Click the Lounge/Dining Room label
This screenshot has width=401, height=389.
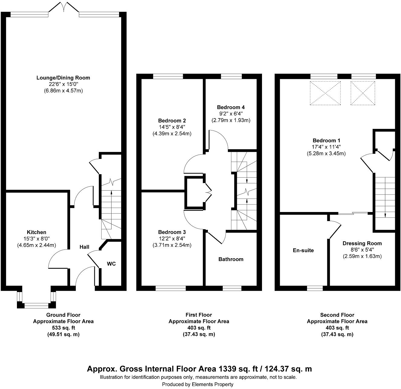[63, 78]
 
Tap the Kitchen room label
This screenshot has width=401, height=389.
[37, 232]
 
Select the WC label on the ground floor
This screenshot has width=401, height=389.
[111, 264]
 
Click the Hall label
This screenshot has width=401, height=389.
[84, 247]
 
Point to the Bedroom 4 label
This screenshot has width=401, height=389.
[231, 107]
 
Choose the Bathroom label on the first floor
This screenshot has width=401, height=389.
[231, 259]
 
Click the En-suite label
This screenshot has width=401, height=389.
[303, 250]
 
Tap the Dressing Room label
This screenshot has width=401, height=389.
[362, 243]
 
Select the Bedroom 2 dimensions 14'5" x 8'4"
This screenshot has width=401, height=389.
[172, 127]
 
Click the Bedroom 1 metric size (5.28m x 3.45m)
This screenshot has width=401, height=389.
[326, 153]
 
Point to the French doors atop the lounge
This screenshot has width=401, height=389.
[63, 7]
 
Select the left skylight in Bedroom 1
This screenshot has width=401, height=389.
[325, 93]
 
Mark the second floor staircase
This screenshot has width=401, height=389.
[385, 198]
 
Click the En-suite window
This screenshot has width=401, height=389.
[315, 288]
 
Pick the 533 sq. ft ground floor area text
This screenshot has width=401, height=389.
[63, 328]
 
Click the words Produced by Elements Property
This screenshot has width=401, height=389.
[198, 384]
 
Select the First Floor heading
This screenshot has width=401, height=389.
[199, 315]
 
